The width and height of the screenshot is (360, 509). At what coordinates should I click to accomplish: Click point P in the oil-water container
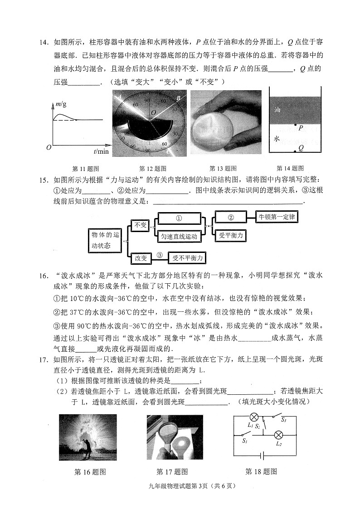click(x=295, y=125)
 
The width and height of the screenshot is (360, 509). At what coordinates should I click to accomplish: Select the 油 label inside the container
click(x=277, y=110)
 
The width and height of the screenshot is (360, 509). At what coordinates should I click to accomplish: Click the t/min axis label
click(x=102, y=151)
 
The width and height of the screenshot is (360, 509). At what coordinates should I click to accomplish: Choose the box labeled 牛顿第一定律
click(x=276, y=217)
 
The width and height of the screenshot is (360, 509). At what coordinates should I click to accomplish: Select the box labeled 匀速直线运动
click(x=179, y=236)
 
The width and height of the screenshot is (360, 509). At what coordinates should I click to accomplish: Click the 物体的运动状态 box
click(x=105, y=240)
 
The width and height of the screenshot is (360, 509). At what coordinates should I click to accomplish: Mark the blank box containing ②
click(x=230, y=218)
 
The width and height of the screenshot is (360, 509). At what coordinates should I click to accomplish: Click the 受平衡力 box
click(x=231, y=236)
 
